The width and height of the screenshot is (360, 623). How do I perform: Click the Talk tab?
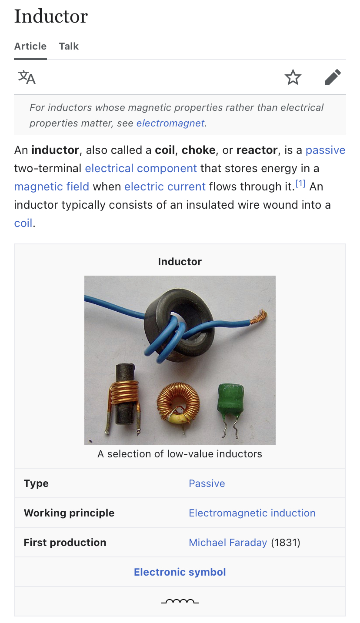(x=69, y=46)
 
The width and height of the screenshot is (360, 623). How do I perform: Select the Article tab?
(x=30, y=46)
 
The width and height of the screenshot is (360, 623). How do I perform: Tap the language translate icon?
(x=27, y=77)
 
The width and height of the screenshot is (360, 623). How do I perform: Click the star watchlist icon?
(x=293, y=77)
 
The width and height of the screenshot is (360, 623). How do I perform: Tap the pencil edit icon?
(x=333, y=77)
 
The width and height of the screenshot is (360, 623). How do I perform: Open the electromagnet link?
(x=170, y=123)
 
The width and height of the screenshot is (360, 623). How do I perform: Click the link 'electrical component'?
(x=141, y=168)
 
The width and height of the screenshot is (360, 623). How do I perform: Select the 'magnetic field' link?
(x=52, y=187)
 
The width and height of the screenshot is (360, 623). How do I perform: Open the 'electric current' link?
(x=165, y=187)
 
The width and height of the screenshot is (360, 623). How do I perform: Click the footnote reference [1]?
(x=300, y=183)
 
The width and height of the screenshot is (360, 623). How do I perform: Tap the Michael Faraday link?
(x=228, y=542)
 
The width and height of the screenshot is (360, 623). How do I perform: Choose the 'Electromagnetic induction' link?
(x=252, y=513)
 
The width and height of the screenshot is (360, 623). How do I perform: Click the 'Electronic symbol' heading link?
(x=180, y=572)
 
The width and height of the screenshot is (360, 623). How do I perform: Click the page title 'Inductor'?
(x=51, y=16)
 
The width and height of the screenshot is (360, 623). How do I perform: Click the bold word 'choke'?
(x=198, y=150)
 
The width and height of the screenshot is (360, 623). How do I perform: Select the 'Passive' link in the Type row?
(x=207, y=483)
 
